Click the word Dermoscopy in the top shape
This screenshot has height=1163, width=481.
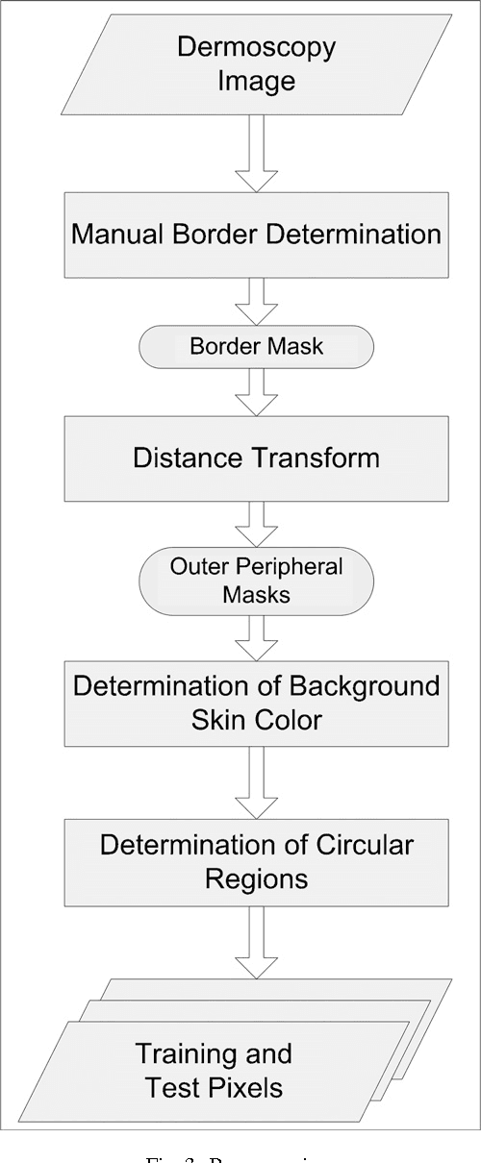click(x=256, y=48)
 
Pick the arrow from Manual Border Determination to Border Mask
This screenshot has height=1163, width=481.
click(x=256, y=302)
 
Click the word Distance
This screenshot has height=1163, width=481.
click(x=182, y=458)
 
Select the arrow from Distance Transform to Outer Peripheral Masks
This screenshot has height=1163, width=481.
click(x=256, y=523)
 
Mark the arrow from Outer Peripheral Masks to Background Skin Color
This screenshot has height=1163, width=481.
click(x=256, y=637)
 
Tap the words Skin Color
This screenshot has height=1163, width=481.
click(x=256, y=719)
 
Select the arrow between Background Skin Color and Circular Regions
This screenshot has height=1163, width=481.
click(x=256, y=780)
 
